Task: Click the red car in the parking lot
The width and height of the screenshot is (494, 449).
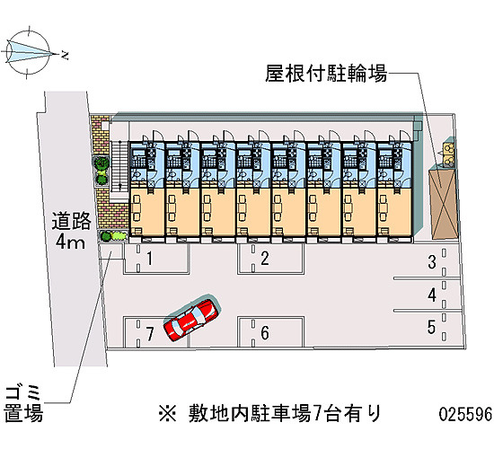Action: tap(190, 320)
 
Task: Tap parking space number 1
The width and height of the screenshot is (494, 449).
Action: tap(157, 259)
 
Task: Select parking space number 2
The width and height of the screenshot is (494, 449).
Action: tap(270, 259)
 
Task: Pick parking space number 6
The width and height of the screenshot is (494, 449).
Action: tap(270, 332)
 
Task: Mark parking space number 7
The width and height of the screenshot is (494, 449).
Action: tap(156, 332)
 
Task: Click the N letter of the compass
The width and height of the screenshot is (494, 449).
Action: tap(65, 56)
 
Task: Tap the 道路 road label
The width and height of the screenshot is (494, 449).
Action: tap(72, 221)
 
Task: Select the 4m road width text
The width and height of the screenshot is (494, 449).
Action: tap(70, 242)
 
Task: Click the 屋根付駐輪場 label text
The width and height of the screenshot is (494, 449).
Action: tap(326, 74)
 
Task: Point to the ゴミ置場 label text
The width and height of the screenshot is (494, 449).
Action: tap(23, 405)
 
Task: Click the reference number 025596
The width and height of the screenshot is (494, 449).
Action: tap(465, 414)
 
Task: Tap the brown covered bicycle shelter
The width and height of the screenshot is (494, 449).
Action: tap(444, 203)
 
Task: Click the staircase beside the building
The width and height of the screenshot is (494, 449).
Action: tap(119, 166)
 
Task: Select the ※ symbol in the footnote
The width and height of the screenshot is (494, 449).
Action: tap(168, 414)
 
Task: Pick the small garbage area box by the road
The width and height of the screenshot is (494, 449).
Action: tap(110, 251)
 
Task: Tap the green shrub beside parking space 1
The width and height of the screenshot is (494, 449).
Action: tap(113, 235)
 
